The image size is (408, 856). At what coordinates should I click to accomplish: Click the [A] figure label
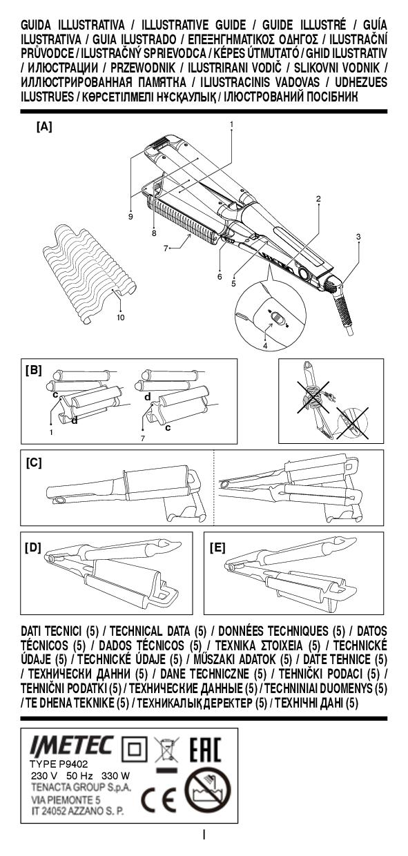(44, 127)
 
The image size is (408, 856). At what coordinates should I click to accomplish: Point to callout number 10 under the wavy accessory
(120, 318)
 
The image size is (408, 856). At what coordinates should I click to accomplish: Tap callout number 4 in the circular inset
(264, 345)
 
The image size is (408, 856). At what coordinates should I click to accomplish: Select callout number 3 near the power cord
(358, 237)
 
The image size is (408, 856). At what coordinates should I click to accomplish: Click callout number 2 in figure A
(318, 199)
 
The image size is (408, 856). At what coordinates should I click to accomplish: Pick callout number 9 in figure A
(130, 217)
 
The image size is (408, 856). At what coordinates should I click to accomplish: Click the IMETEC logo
(72, 745)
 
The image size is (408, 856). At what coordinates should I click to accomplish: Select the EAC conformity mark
(205, 750)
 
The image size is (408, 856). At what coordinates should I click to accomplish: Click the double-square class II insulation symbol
(134, 748)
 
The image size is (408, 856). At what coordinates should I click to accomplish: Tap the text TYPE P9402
(59, 764)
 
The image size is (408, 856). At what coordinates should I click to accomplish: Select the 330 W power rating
(116, 776)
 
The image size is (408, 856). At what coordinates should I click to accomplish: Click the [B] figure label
(33, 370)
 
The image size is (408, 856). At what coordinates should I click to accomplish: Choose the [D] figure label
(33, 547)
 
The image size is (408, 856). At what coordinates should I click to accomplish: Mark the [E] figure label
(217, 547)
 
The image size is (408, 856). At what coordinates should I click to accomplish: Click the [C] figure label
(34, 463)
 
